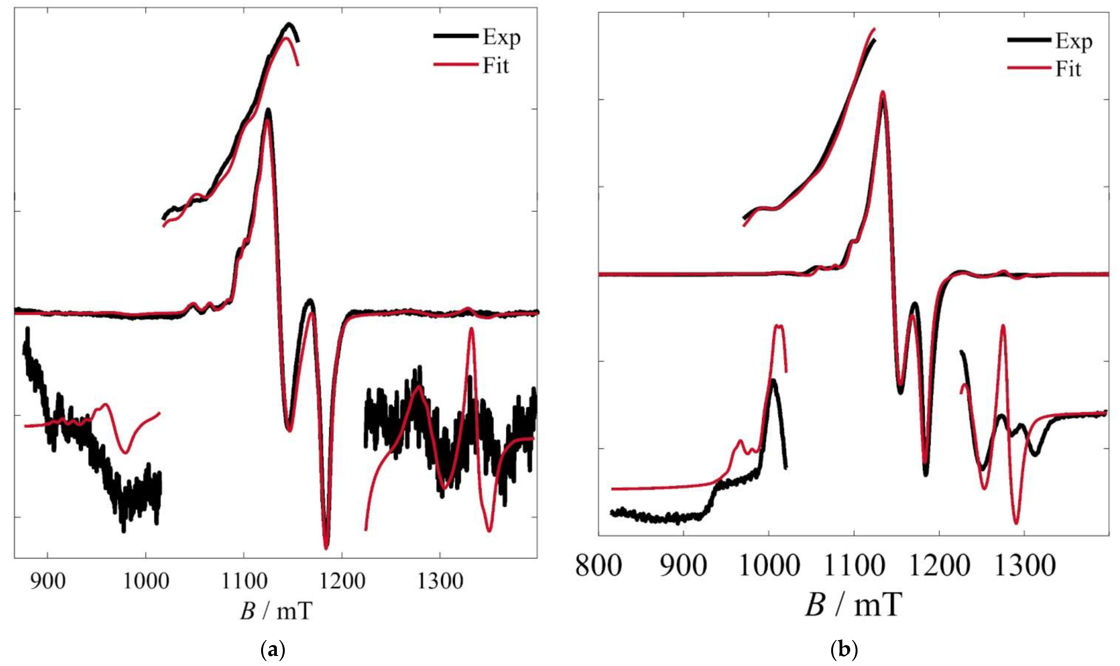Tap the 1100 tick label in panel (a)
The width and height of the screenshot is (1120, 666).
coord(243,582)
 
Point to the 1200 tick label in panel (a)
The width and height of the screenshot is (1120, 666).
coord(342,582)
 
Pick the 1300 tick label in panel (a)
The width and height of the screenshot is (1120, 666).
coord(440,582)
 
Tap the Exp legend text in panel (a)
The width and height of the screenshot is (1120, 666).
coord(501,38)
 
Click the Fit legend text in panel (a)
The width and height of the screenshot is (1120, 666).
coord(496,66)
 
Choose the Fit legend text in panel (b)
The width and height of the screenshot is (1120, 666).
coord(1068,70)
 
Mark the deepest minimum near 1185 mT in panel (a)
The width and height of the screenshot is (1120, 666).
coord(326,547)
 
